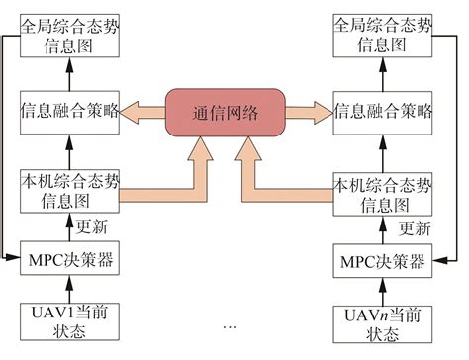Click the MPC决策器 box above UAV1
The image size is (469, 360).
(68, 261)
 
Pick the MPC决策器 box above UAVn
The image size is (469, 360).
(381, 262)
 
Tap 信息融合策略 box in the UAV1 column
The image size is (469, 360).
(69, 112)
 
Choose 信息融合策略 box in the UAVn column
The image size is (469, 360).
(381, 112)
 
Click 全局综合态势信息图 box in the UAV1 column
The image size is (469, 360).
(68, 35)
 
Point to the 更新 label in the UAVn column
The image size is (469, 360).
(414, 227)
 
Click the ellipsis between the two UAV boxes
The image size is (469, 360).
(230, 325)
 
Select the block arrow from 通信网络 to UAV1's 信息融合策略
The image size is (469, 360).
(142, 112)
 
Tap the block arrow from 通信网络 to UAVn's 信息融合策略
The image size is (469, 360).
(308, 112)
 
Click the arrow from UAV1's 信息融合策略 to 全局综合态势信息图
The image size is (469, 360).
(68, 74)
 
